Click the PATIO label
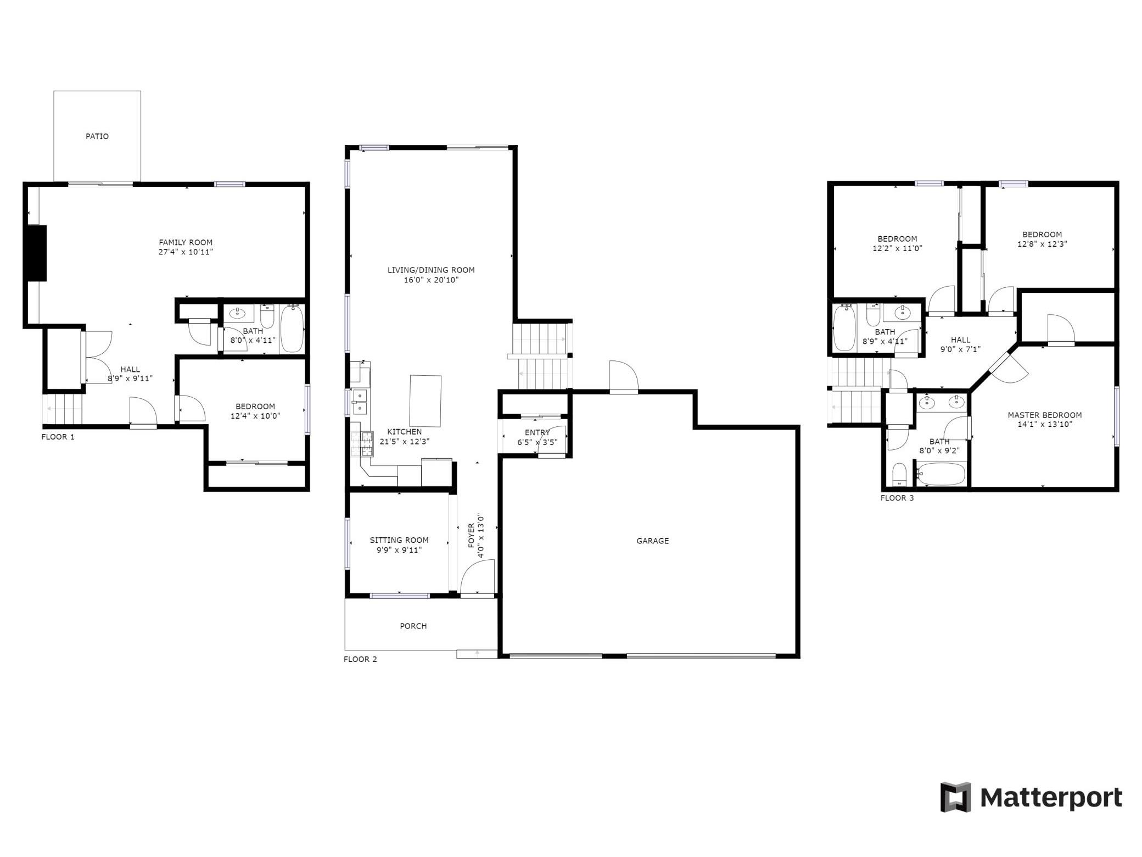(97, 136)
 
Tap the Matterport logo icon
(955, 797)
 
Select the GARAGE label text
(653, 541)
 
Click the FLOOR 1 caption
(58, 437)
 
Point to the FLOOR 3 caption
(897, 498)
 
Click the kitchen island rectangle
(426, 400)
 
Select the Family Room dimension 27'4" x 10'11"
(186, 252)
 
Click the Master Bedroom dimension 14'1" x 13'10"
(1045, 424)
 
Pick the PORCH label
(413, 626)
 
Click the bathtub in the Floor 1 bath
(292, 329)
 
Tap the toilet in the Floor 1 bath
(267, 316)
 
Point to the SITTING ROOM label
(399, 540)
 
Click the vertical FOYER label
(471, 536)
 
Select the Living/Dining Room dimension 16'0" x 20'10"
(431, 280)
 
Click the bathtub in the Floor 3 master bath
(941, 474)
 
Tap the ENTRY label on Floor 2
(537, 432)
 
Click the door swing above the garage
(624, 376)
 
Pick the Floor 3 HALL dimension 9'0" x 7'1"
(961, 349)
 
